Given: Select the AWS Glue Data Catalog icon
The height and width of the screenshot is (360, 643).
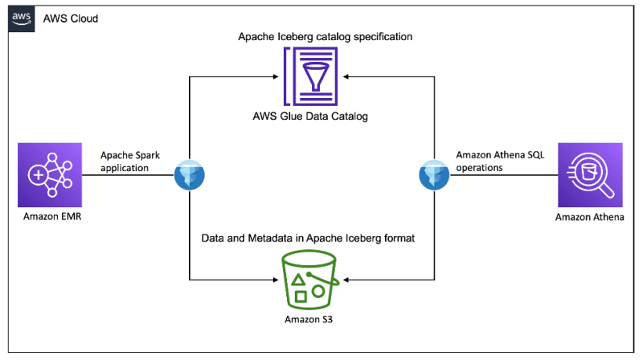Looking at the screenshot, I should [313, 76].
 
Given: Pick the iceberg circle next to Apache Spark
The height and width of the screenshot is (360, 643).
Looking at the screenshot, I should [190, 174].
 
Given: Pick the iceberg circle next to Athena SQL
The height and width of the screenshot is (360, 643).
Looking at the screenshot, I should [435, 174].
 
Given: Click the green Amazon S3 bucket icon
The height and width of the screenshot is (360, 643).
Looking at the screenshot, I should [311, 279].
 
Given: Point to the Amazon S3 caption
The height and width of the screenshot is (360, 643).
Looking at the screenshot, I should [311, 320].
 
